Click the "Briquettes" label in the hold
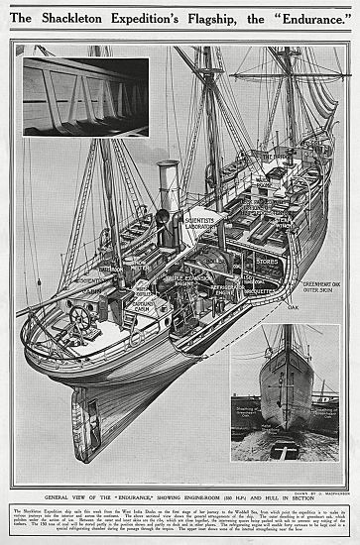pos(260,291)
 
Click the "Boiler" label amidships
pos(210,261)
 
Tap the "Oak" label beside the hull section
pos(293,306)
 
